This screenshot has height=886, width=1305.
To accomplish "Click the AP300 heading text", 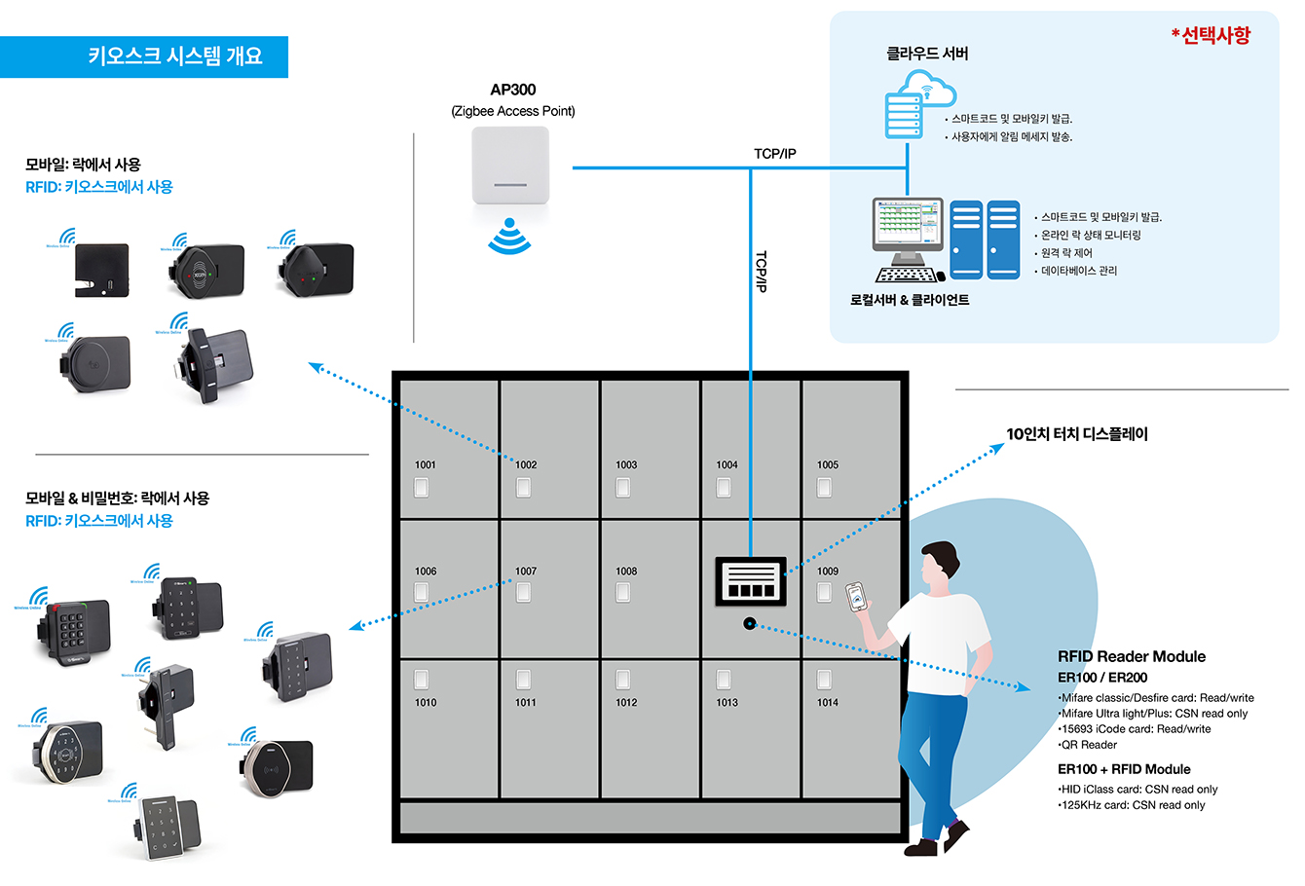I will click(512, 90).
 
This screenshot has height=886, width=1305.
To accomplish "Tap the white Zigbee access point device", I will click(510, 166).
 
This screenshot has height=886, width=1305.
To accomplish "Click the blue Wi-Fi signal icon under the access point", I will click(509, 236).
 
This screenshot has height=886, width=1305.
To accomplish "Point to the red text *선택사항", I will click(1211, 35).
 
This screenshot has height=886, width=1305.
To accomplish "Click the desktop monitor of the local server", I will click(908, 226).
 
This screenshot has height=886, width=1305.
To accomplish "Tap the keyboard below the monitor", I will click(910, 275).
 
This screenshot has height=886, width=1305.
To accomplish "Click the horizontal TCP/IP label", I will click(774, 154).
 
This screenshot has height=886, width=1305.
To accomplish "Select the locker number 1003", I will click(626, 465).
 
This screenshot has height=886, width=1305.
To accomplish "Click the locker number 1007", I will click(526, 572).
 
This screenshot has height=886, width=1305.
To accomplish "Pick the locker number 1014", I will click(828, 702).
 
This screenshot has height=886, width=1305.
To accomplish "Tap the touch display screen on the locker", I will click(750, 581).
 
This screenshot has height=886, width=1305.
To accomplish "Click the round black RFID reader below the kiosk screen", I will click(749, 624).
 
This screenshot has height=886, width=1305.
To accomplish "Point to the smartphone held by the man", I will click(855, 597).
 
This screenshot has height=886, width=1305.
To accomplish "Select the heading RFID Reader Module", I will click(1131, 656).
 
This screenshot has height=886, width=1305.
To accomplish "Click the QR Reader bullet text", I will click(1088, 745).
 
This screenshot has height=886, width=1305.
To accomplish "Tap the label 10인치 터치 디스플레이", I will click(1076, 434).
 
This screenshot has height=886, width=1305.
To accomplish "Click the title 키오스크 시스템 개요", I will click(175, 56).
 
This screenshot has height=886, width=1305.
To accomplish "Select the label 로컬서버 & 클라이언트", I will click(910, 301).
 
